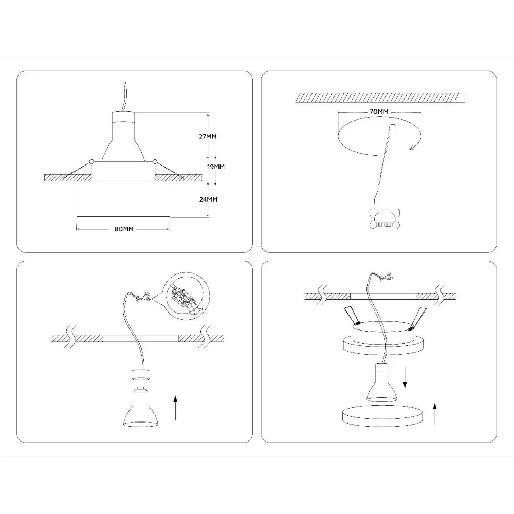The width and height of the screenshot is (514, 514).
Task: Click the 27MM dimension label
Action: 207,137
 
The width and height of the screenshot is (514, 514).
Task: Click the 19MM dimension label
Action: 215,167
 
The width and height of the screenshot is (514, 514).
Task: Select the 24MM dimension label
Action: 207,199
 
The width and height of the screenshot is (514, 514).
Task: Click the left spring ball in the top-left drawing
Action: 91,162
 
